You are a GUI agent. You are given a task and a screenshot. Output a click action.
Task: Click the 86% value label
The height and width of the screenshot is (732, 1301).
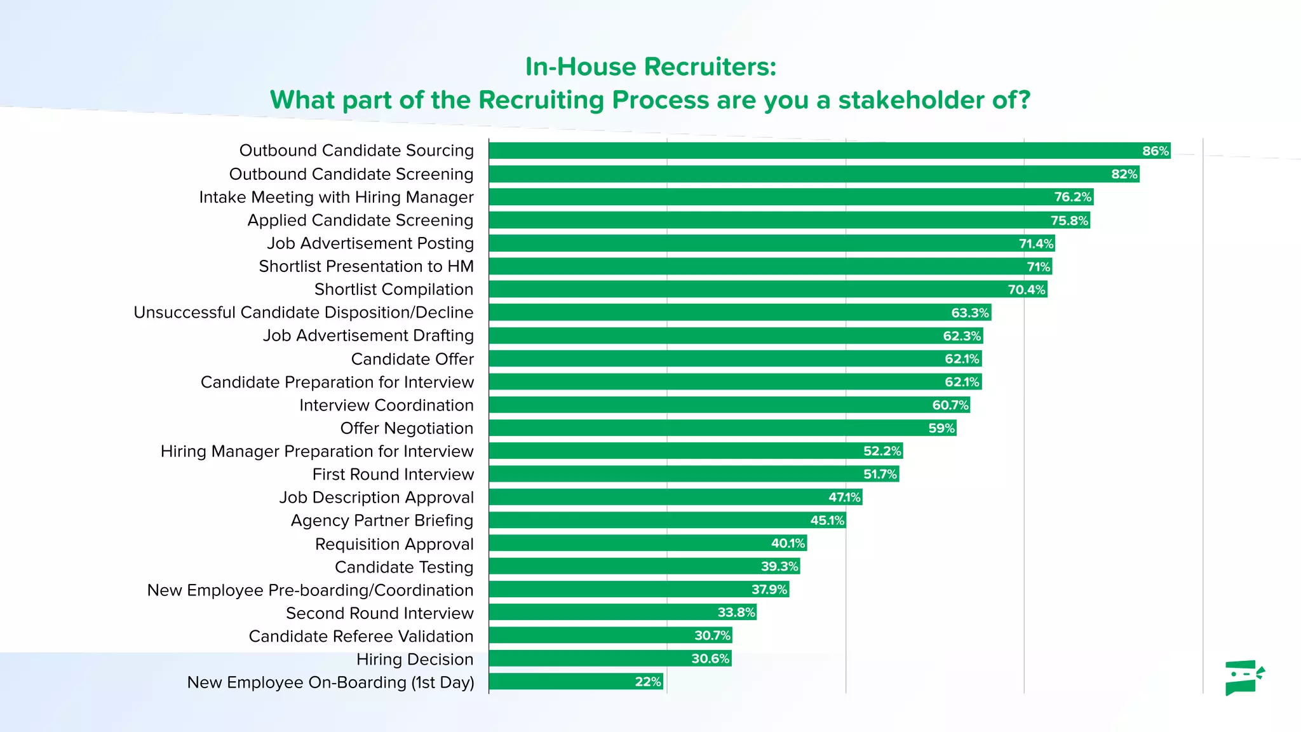coord(1155,151)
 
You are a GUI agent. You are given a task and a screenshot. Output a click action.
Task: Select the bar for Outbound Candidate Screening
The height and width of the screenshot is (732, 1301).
coord(813,174)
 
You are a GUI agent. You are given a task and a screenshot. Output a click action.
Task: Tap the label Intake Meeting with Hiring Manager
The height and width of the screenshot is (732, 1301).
coord(336,198)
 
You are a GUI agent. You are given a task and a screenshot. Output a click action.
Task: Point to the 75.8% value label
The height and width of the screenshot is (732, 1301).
coord(1069,220)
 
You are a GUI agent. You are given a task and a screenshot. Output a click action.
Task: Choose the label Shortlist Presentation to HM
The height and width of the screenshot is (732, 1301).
coord(366,266)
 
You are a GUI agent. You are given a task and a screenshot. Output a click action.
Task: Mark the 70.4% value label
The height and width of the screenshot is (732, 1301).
coord(1026,290)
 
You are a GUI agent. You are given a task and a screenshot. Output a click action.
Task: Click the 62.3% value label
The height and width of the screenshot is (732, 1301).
coord(962,336)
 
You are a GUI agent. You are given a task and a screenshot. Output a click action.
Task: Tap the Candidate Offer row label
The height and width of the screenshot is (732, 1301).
coord(412,359)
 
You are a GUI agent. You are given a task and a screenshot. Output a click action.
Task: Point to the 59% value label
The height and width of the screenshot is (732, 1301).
coord(941,428)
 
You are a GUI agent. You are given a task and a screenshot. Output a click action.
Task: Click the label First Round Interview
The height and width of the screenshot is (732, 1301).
coord(393,475)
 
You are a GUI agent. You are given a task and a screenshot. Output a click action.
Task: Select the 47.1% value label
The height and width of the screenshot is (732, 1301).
coord(844,498)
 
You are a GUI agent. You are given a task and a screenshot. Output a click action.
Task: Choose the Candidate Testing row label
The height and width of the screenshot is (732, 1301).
coord(404,567)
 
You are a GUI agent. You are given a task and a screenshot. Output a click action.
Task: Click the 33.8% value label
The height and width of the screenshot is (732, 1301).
coord(736,613)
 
